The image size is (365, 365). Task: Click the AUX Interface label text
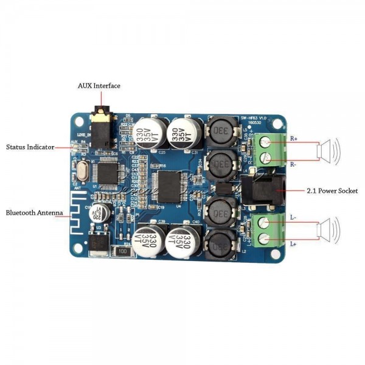click(x=99, y=86)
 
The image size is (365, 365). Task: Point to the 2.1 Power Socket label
click(x=332, y=191)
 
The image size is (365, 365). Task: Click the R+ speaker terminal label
click(x=294, y=138)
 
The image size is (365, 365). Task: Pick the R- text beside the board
click(x=294, y=164)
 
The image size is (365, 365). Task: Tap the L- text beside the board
click(x=293, y=217)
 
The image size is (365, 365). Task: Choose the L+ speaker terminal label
click(x=293, y=244)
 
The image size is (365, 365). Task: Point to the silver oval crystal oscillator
click(x=82, y=170)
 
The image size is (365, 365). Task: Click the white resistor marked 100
click(x=123, y=250)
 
